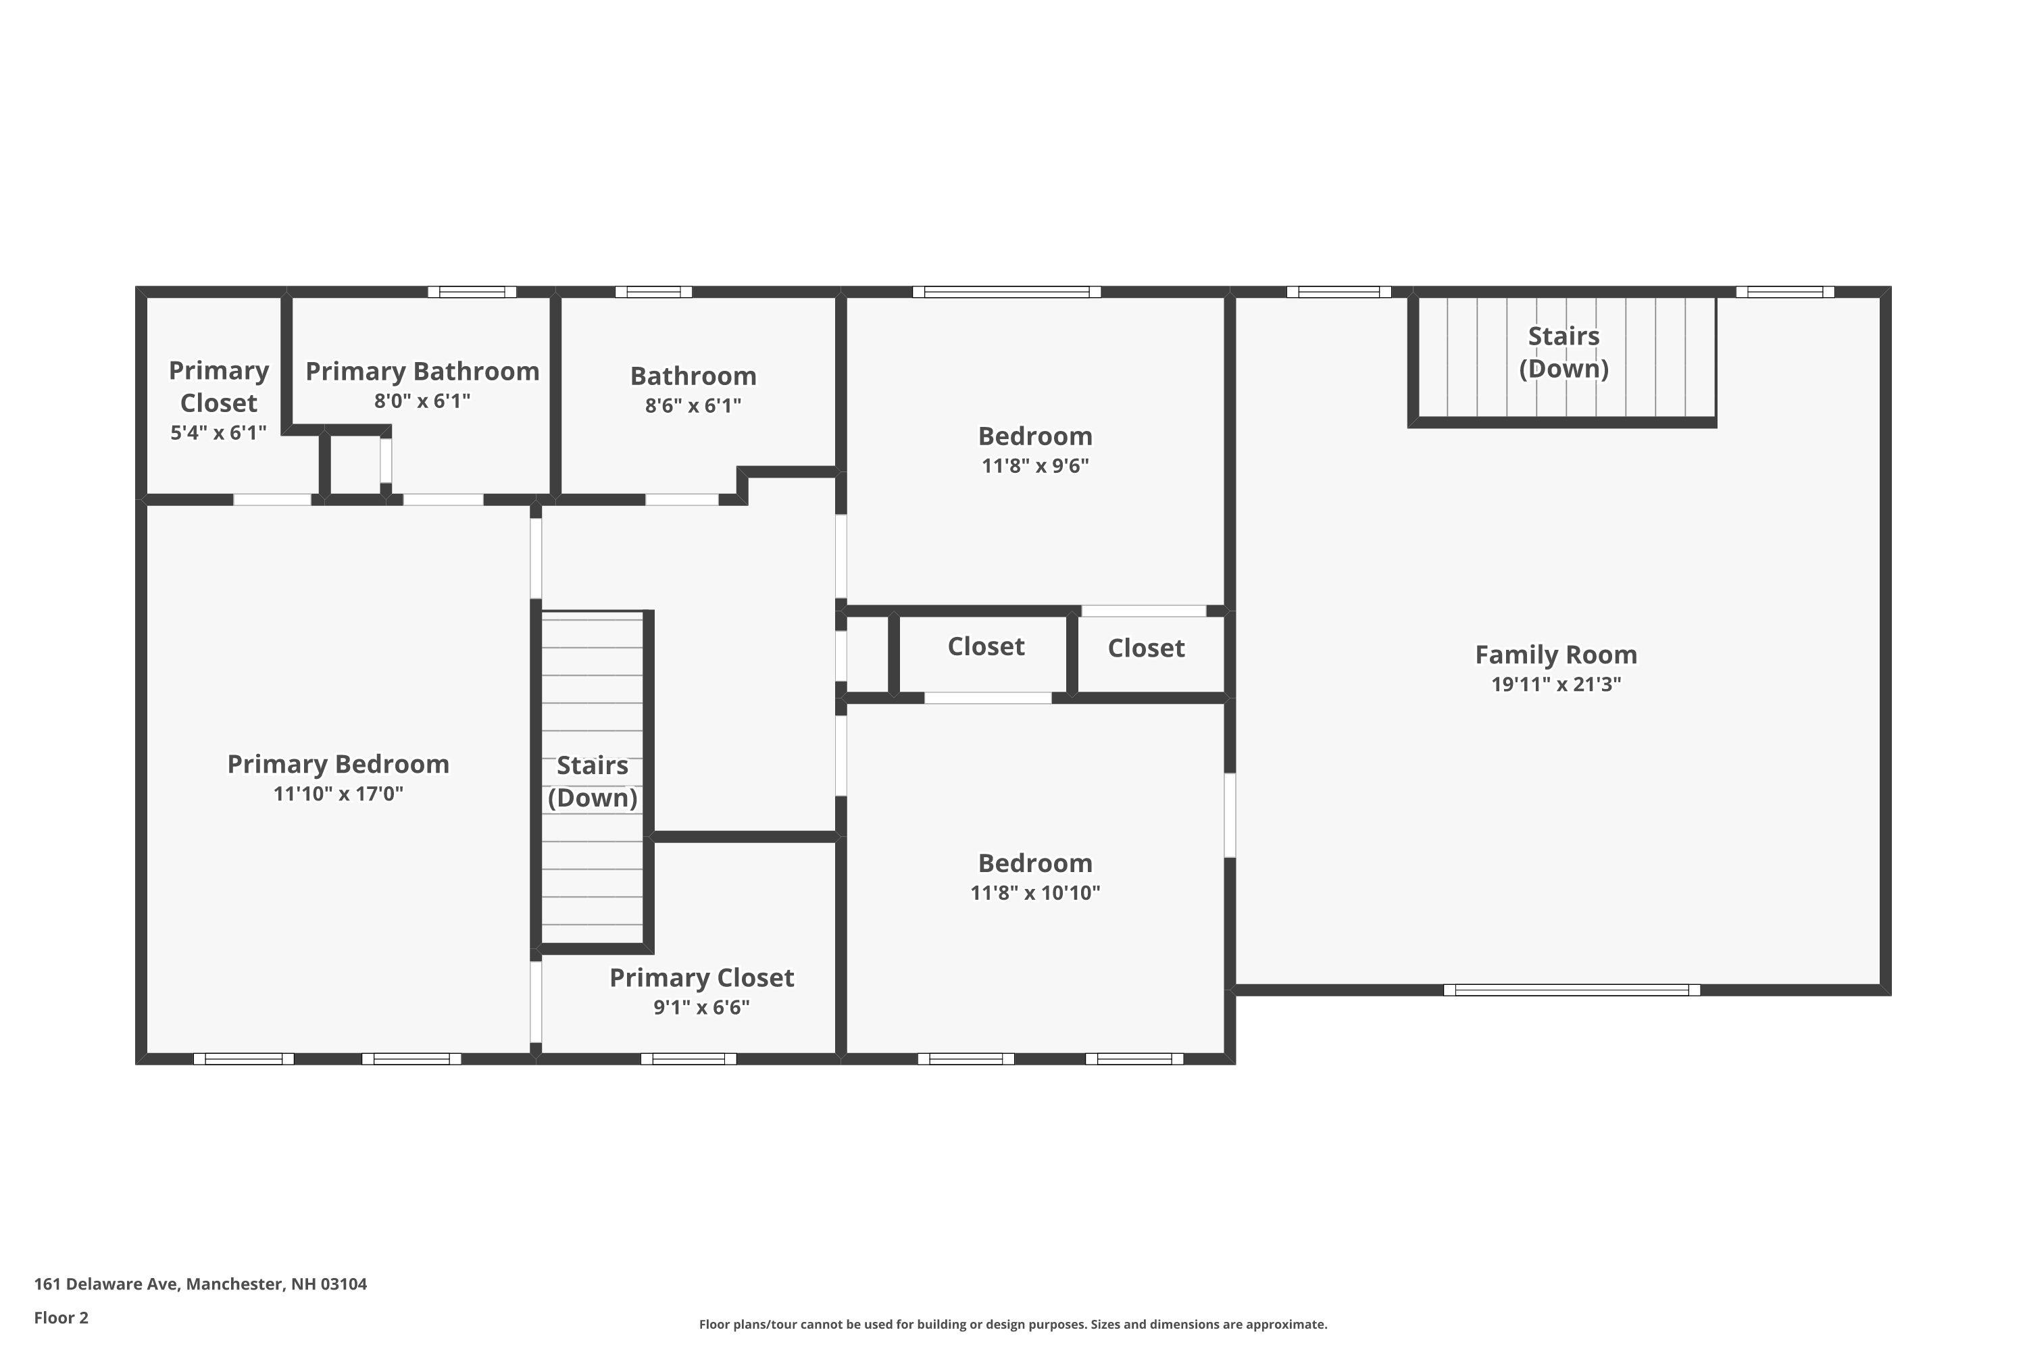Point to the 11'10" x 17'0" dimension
(x=338, y=794)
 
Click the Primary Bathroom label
(x=422, y=372)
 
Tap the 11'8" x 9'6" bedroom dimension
(x=1035, y=465)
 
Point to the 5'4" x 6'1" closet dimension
(x=218, y=432)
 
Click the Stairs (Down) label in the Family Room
(x=1563, y=353)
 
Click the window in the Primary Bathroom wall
(x=472, y=292)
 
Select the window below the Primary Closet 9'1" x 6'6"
(x=689, y=1059)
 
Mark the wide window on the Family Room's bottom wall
(x=1572, y=990)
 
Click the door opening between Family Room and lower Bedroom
(x=1230, y=815)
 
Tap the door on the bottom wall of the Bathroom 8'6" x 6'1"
(x=682, y=500)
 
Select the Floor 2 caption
(x=61, y=1317)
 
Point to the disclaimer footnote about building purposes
(x=1013, y=1324)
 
